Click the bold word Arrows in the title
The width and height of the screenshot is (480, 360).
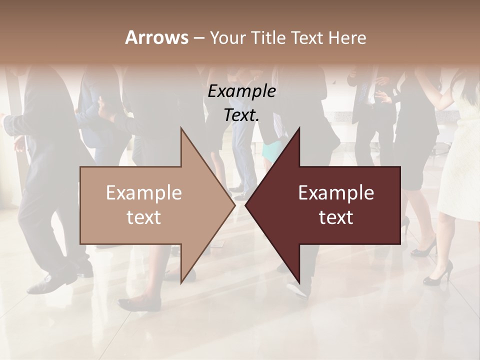point(155,37)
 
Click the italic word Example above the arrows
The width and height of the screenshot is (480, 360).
point(241,92)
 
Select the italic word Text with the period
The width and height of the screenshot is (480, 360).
point(241,115)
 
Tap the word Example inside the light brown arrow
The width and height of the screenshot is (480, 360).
point(144,193)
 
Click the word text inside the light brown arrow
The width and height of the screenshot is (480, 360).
point(144,217)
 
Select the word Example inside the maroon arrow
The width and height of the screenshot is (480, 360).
point(336,193)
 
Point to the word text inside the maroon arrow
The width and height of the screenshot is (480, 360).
point(336,217)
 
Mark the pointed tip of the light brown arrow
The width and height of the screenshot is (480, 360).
point(234,205)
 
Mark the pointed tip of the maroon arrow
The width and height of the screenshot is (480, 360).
point(246,205)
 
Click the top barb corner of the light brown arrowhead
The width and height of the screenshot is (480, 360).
point(181,128)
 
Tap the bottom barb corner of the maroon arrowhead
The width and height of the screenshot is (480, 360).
point(299,282)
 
